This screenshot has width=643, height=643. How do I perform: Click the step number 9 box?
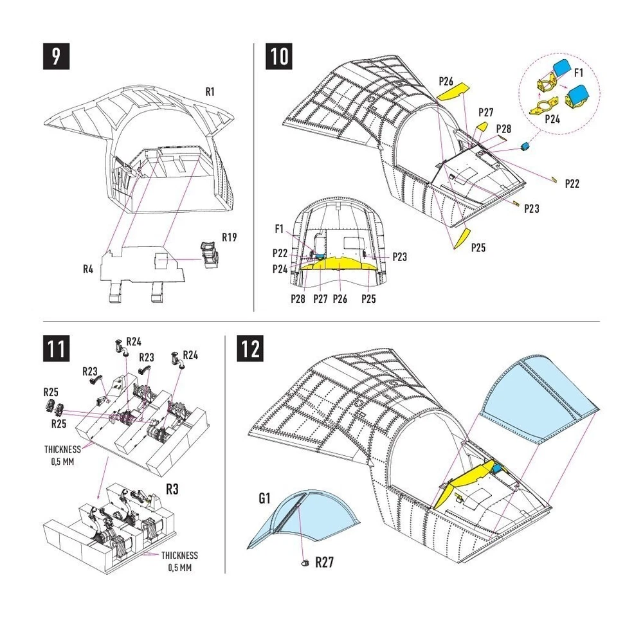(56, 56)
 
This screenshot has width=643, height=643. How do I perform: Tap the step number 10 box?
(278, 56)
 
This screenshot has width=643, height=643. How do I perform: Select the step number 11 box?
(56, 349)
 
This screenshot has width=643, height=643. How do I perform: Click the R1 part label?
(210, 92)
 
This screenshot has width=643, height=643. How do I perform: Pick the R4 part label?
(89, 269)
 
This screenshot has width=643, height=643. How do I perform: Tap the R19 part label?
(229, 237)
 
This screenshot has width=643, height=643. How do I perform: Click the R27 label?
(323, 563)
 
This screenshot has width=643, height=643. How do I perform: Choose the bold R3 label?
(172, 489)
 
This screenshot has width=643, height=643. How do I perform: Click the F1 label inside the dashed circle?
(578, 72)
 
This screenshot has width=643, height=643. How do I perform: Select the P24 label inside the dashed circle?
(552, 118)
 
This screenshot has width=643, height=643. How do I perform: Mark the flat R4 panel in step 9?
(145, 264)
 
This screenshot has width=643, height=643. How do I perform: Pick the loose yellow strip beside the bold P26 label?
(453, 93)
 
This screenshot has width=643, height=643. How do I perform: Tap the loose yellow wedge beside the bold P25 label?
(463, 237)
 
